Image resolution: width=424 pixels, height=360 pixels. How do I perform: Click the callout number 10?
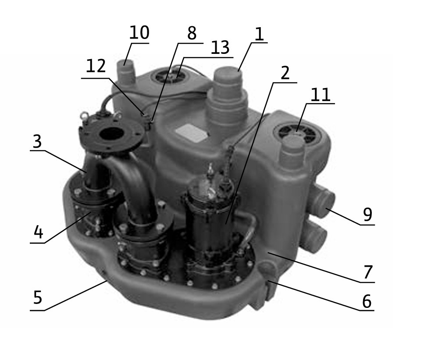click(139, 33)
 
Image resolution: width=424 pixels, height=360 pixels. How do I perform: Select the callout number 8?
click(192, 33)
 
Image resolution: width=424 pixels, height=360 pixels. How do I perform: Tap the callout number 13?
click(220, 48)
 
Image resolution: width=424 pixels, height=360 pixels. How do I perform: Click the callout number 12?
click(96, 66)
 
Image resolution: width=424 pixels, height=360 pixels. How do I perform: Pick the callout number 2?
click(285, 73)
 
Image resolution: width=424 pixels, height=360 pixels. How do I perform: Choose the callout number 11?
click(320, 95)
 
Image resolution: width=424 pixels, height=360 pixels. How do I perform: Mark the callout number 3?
click(37, 141)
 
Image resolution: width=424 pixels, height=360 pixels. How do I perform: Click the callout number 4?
click(38, 232)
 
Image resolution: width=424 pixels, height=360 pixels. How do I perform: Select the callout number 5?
click(38, 297)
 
